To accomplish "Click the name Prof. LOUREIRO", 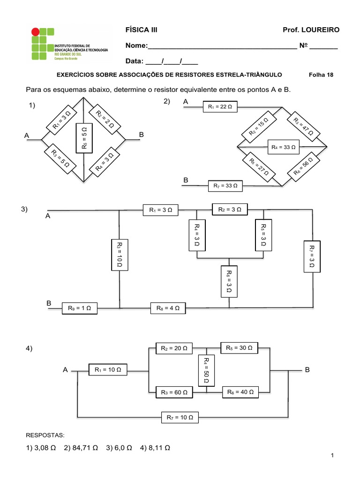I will point(311,30).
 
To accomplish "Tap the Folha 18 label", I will point(321,75).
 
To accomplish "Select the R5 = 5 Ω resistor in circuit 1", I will point(84,137).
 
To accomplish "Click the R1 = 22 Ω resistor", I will point(220,107).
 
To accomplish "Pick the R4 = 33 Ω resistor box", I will point(284,147).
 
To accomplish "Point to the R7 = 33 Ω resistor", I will point(225,186).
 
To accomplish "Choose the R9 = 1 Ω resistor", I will point(79,308).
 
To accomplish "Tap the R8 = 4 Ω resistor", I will point(168,308).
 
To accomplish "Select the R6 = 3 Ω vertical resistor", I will point(228,281).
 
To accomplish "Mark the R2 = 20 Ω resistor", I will point(174,348).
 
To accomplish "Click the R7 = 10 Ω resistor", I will point(180,417).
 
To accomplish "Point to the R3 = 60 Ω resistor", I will point(174,392).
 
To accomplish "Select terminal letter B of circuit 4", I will point(307,370).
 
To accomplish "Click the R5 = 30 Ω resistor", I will point(239,348).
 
